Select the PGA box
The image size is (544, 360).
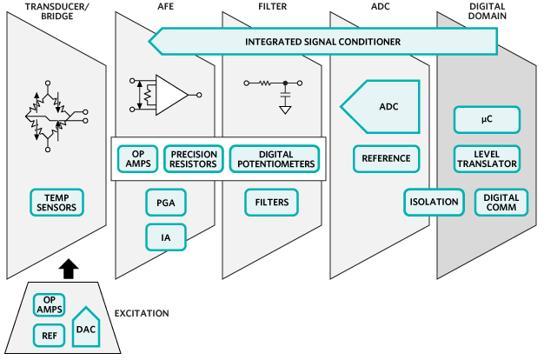point(165,203)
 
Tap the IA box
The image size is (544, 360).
point(165,235)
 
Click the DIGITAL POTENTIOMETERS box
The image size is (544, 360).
point(275,158)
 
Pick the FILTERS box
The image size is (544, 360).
point(271,203)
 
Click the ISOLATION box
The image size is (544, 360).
point(434,203)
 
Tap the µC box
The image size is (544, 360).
point(487,119)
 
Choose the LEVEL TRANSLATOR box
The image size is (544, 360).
point(487,158)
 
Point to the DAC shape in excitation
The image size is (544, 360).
point(85,327)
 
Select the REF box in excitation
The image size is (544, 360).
point(49,336)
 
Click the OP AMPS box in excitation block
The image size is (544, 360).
point(49,304)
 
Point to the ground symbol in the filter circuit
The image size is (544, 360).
point(284,109)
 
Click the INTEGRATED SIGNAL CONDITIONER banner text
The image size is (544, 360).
point(322,41)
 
